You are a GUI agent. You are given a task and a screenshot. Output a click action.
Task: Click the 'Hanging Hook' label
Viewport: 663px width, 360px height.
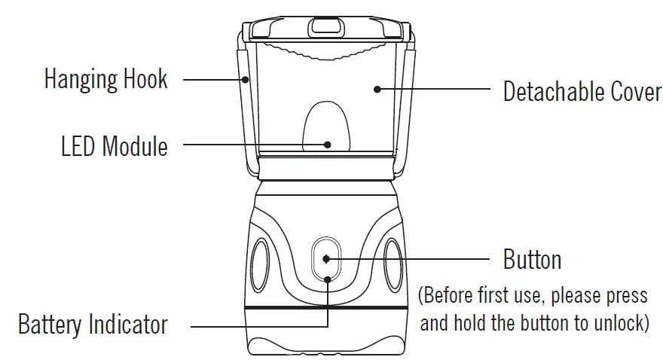point(105,79)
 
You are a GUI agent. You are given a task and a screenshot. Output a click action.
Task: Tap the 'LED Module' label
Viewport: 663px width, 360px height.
point(115,145)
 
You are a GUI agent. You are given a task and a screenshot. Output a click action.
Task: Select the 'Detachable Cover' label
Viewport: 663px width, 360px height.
point(582,93)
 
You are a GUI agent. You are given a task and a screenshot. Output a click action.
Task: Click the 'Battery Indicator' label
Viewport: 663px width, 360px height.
point(93,325)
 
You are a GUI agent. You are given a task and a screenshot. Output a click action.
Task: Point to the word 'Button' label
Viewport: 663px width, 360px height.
point(532,261)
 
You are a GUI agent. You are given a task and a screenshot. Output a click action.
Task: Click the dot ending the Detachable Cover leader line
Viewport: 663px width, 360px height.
point(377,89)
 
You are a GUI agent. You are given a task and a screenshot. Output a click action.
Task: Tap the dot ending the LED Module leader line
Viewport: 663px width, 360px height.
point(328,143)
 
